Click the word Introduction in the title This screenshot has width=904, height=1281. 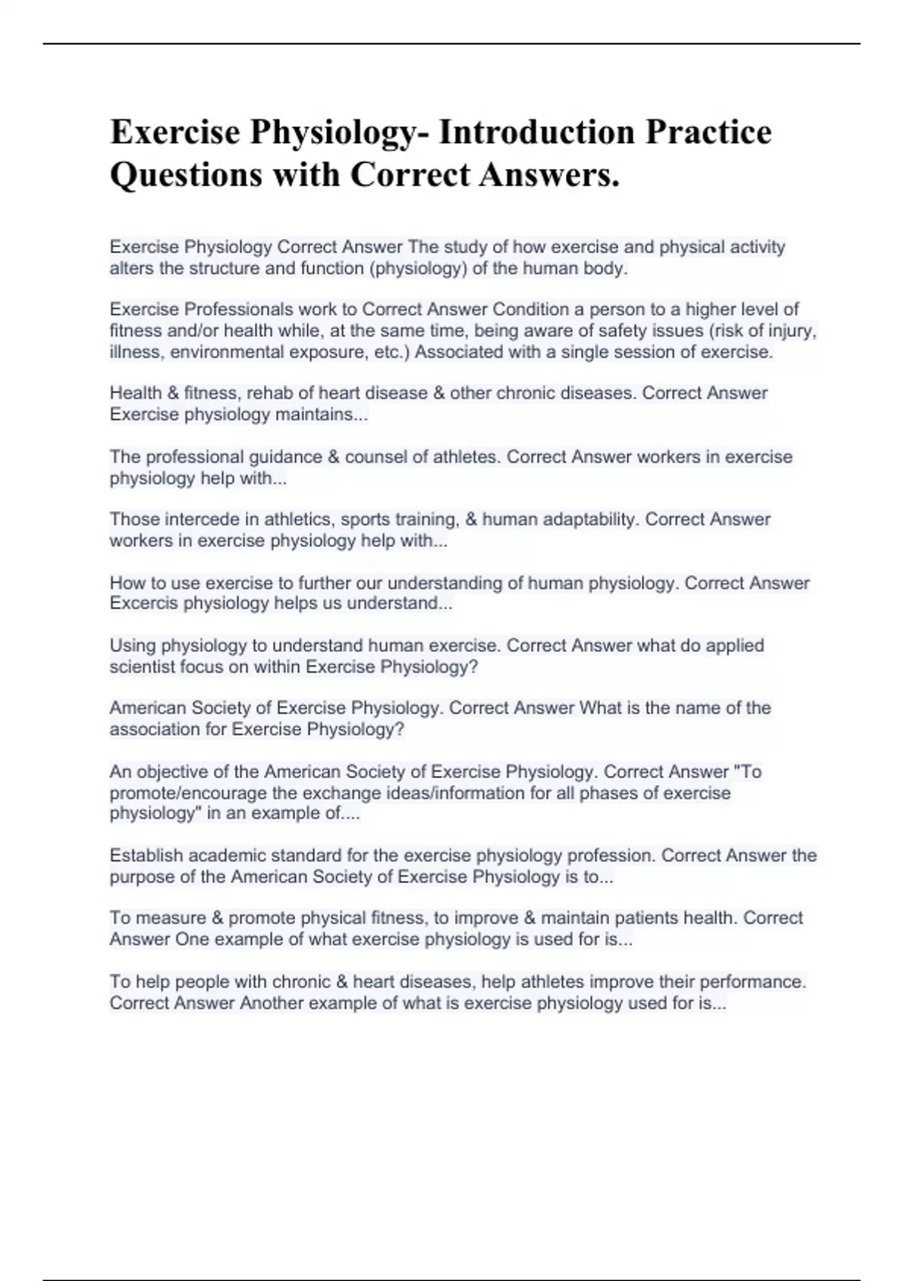coord(536,132)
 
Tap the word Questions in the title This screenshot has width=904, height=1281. coord(187,175)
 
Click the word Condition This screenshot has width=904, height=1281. coord(530,309)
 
